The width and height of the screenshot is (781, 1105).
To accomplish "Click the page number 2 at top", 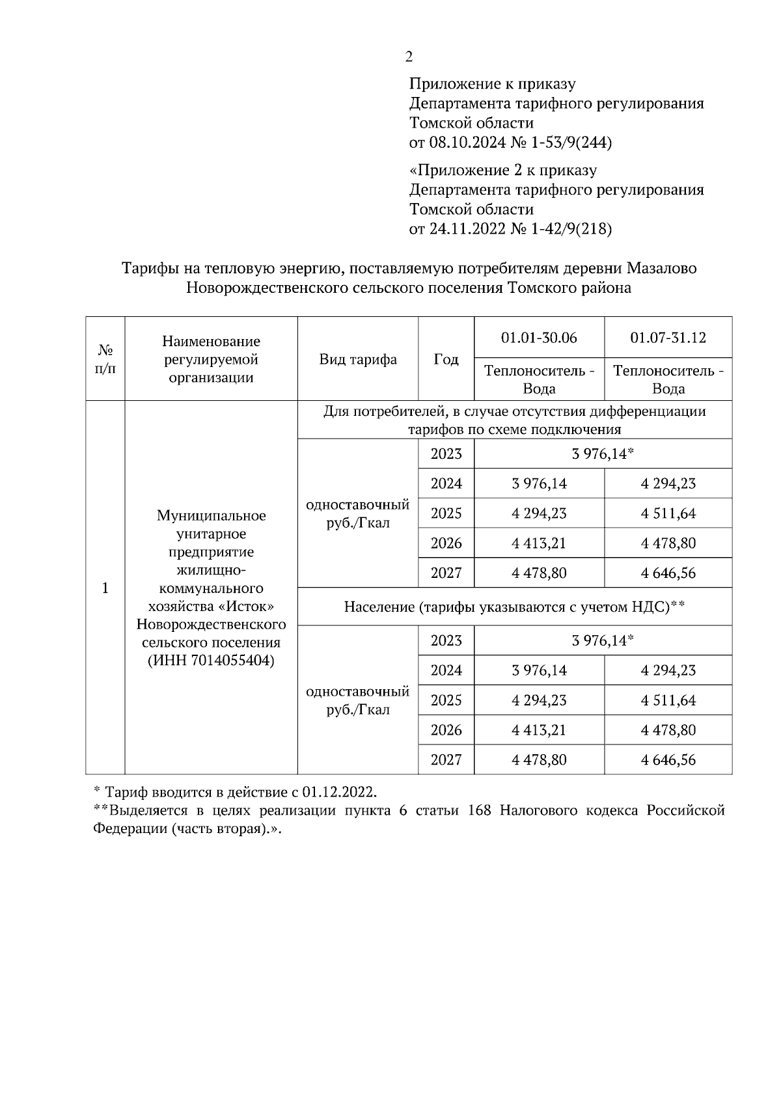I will click(409, 57).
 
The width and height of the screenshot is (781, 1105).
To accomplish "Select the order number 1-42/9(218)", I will click(573, 229).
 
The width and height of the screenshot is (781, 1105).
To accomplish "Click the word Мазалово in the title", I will click(661, 268).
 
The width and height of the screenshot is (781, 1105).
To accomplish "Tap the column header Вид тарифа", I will click(358, 360).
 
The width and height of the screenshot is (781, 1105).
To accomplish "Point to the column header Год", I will click(446, 360).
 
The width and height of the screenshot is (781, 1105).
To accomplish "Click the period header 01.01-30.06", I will click(539, 338).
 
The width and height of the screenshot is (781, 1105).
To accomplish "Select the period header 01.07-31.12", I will click(668, 338).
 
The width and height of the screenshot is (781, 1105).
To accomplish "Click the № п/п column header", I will click(105, 359).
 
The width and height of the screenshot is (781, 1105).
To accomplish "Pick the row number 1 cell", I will click(105, 588).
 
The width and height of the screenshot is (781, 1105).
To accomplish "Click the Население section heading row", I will click(514, 607).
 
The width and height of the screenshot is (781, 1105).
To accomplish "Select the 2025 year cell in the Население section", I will click(446, 700).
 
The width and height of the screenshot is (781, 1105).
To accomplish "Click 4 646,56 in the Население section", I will click(668, 759).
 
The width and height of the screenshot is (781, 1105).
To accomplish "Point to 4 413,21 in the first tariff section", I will click(539, 543).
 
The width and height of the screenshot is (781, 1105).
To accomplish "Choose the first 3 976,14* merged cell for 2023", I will click(603, 454).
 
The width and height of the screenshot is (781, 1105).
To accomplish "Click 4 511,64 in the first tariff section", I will click(668, 513).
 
